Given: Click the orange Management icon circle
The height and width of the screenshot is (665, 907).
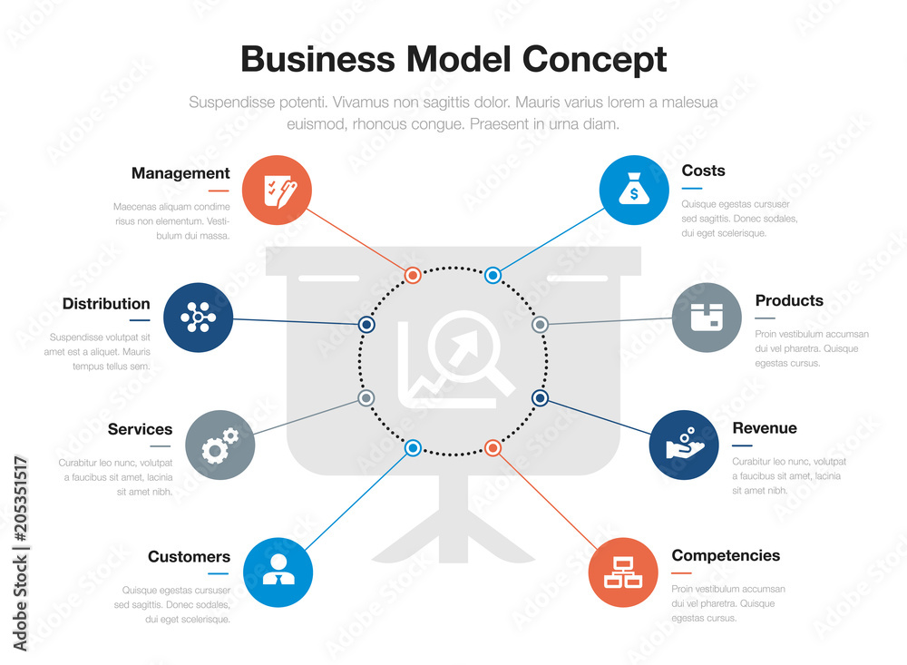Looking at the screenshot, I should [x=277, y=190].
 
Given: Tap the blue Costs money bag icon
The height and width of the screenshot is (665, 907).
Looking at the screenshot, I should [x=634, y=190].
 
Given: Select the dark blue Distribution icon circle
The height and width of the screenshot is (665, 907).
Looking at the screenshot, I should [x=198, y=318].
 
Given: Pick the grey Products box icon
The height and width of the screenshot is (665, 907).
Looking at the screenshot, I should [x=707, y=318].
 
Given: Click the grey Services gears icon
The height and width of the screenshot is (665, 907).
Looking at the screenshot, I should [x=219, y=445].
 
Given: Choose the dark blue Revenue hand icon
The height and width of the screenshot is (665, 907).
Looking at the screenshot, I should [x=684, y=445].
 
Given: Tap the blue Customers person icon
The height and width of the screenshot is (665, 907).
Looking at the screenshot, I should [x=278, y=572].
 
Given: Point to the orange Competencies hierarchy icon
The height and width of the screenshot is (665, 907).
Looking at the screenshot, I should [x=623, y=572].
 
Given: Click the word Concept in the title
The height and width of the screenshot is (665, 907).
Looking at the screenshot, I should [x=594, y=59].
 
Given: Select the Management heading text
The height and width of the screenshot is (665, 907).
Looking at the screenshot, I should [x=180, y=173].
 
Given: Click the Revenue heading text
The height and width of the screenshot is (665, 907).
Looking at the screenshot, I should [x=764, y=428].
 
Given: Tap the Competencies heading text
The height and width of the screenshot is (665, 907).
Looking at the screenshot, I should [x=726, y=555].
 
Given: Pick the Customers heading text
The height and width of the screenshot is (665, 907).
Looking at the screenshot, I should [x=189, y=557].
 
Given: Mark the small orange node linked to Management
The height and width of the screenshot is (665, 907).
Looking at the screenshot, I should [x=412, y=275].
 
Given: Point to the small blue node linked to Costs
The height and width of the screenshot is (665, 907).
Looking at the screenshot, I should [x=493, y=275].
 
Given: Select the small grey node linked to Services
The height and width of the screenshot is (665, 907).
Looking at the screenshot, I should [x=366, y=397].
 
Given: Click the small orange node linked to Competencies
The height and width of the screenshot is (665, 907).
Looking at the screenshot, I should [x=493, y=447].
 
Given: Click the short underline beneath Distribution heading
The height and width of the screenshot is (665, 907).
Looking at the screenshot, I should [x=139, y=319].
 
